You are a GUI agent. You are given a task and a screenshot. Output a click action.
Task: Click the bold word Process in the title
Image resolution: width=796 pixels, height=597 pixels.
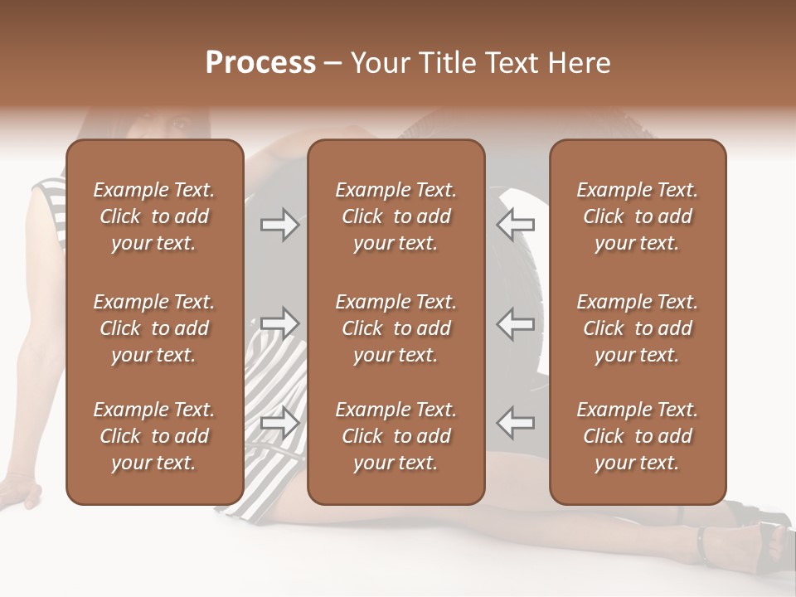coord(260,63)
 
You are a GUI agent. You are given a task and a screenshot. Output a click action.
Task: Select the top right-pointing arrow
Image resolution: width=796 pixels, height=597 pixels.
coord(279,225)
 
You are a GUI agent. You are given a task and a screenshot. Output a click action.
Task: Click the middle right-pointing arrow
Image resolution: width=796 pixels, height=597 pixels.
coord(279,323)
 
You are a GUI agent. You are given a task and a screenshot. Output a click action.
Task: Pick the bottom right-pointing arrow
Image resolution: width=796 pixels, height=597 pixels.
coord(279,422)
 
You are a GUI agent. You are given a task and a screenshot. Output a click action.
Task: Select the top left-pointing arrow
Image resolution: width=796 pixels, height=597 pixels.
coord(516,225)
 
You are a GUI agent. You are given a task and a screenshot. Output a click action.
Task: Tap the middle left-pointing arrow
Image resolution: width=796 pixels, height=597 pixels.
coord(516,323)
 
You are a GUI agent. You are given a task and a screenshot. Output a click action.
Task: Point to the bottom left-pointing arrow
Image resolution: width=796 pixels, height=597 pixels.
coord(516,422)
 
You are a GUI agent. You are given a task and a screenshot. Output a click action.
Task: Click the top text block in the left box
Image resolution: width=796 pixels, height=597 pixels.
coord(154,216)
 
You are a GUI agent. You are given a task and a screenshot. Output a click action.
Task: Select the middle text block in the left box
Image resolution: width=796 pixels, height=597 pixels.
coord(154,328)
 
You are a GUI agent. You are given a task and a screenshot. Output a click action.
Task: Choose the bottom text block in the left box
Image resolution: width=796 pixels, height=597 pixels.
coord(154,436)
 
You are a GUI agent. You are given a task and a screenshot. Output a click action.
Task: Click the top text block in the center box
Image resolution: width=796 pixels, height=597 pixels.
coord(396,216)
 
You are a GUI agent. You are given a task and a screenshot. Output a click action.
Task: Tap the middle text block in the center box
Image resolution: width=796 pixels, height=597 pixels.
coord(396,328)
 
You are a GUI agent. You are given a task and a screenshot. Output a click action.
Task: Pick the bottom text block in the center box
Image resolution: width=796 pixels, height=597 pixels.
coord(396,436)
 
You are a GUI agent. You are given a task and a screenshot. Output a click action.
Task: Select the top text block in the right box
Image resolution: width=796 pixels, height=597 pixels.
coord(638,216)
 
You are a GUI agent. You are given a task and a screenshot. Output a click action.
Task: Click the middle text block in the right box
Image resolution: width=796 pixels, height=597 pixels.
coord(638,328)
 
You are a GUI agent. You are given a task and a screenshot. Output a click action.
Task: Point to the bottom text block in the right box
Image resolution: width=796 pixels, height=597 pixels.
coord(638,436)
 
